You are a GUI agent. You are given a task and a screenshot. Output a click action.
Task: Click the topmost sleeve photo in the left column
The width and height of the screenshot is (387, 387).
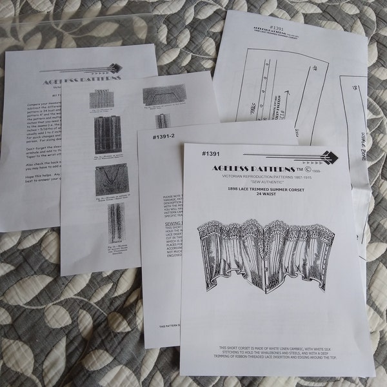pyautogui.click(x=104, y=98)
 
